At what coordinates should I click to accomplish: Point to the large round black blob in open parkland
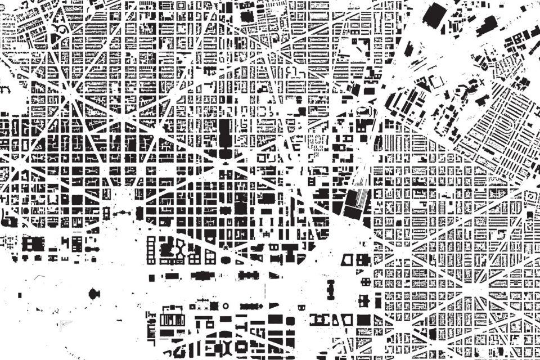[x=93, y=293]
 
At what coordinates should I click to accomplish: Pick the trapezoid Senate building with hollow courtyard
[x=349, y=260]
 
